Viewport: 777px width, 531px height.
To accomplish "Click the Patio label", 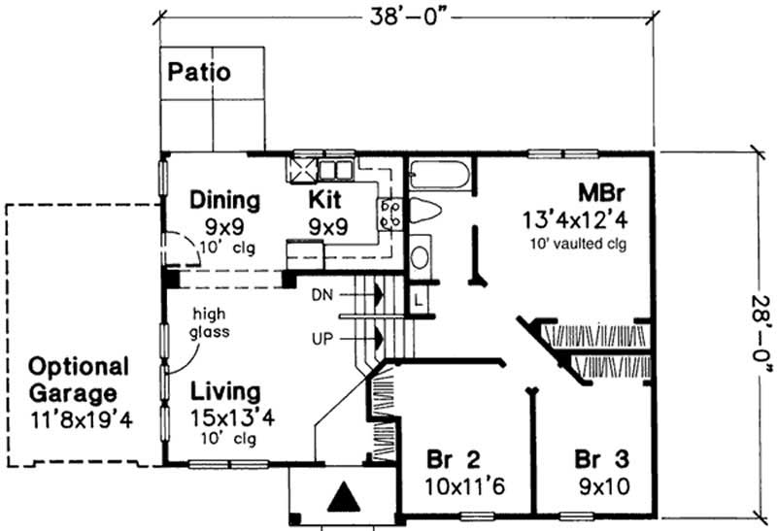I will [x=199, y=72].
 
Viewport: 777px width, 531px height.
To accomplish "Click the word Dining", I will [x=224, y=201].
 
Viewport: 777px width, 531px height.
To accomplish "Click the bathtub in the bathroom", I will [x=440, y=175].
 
